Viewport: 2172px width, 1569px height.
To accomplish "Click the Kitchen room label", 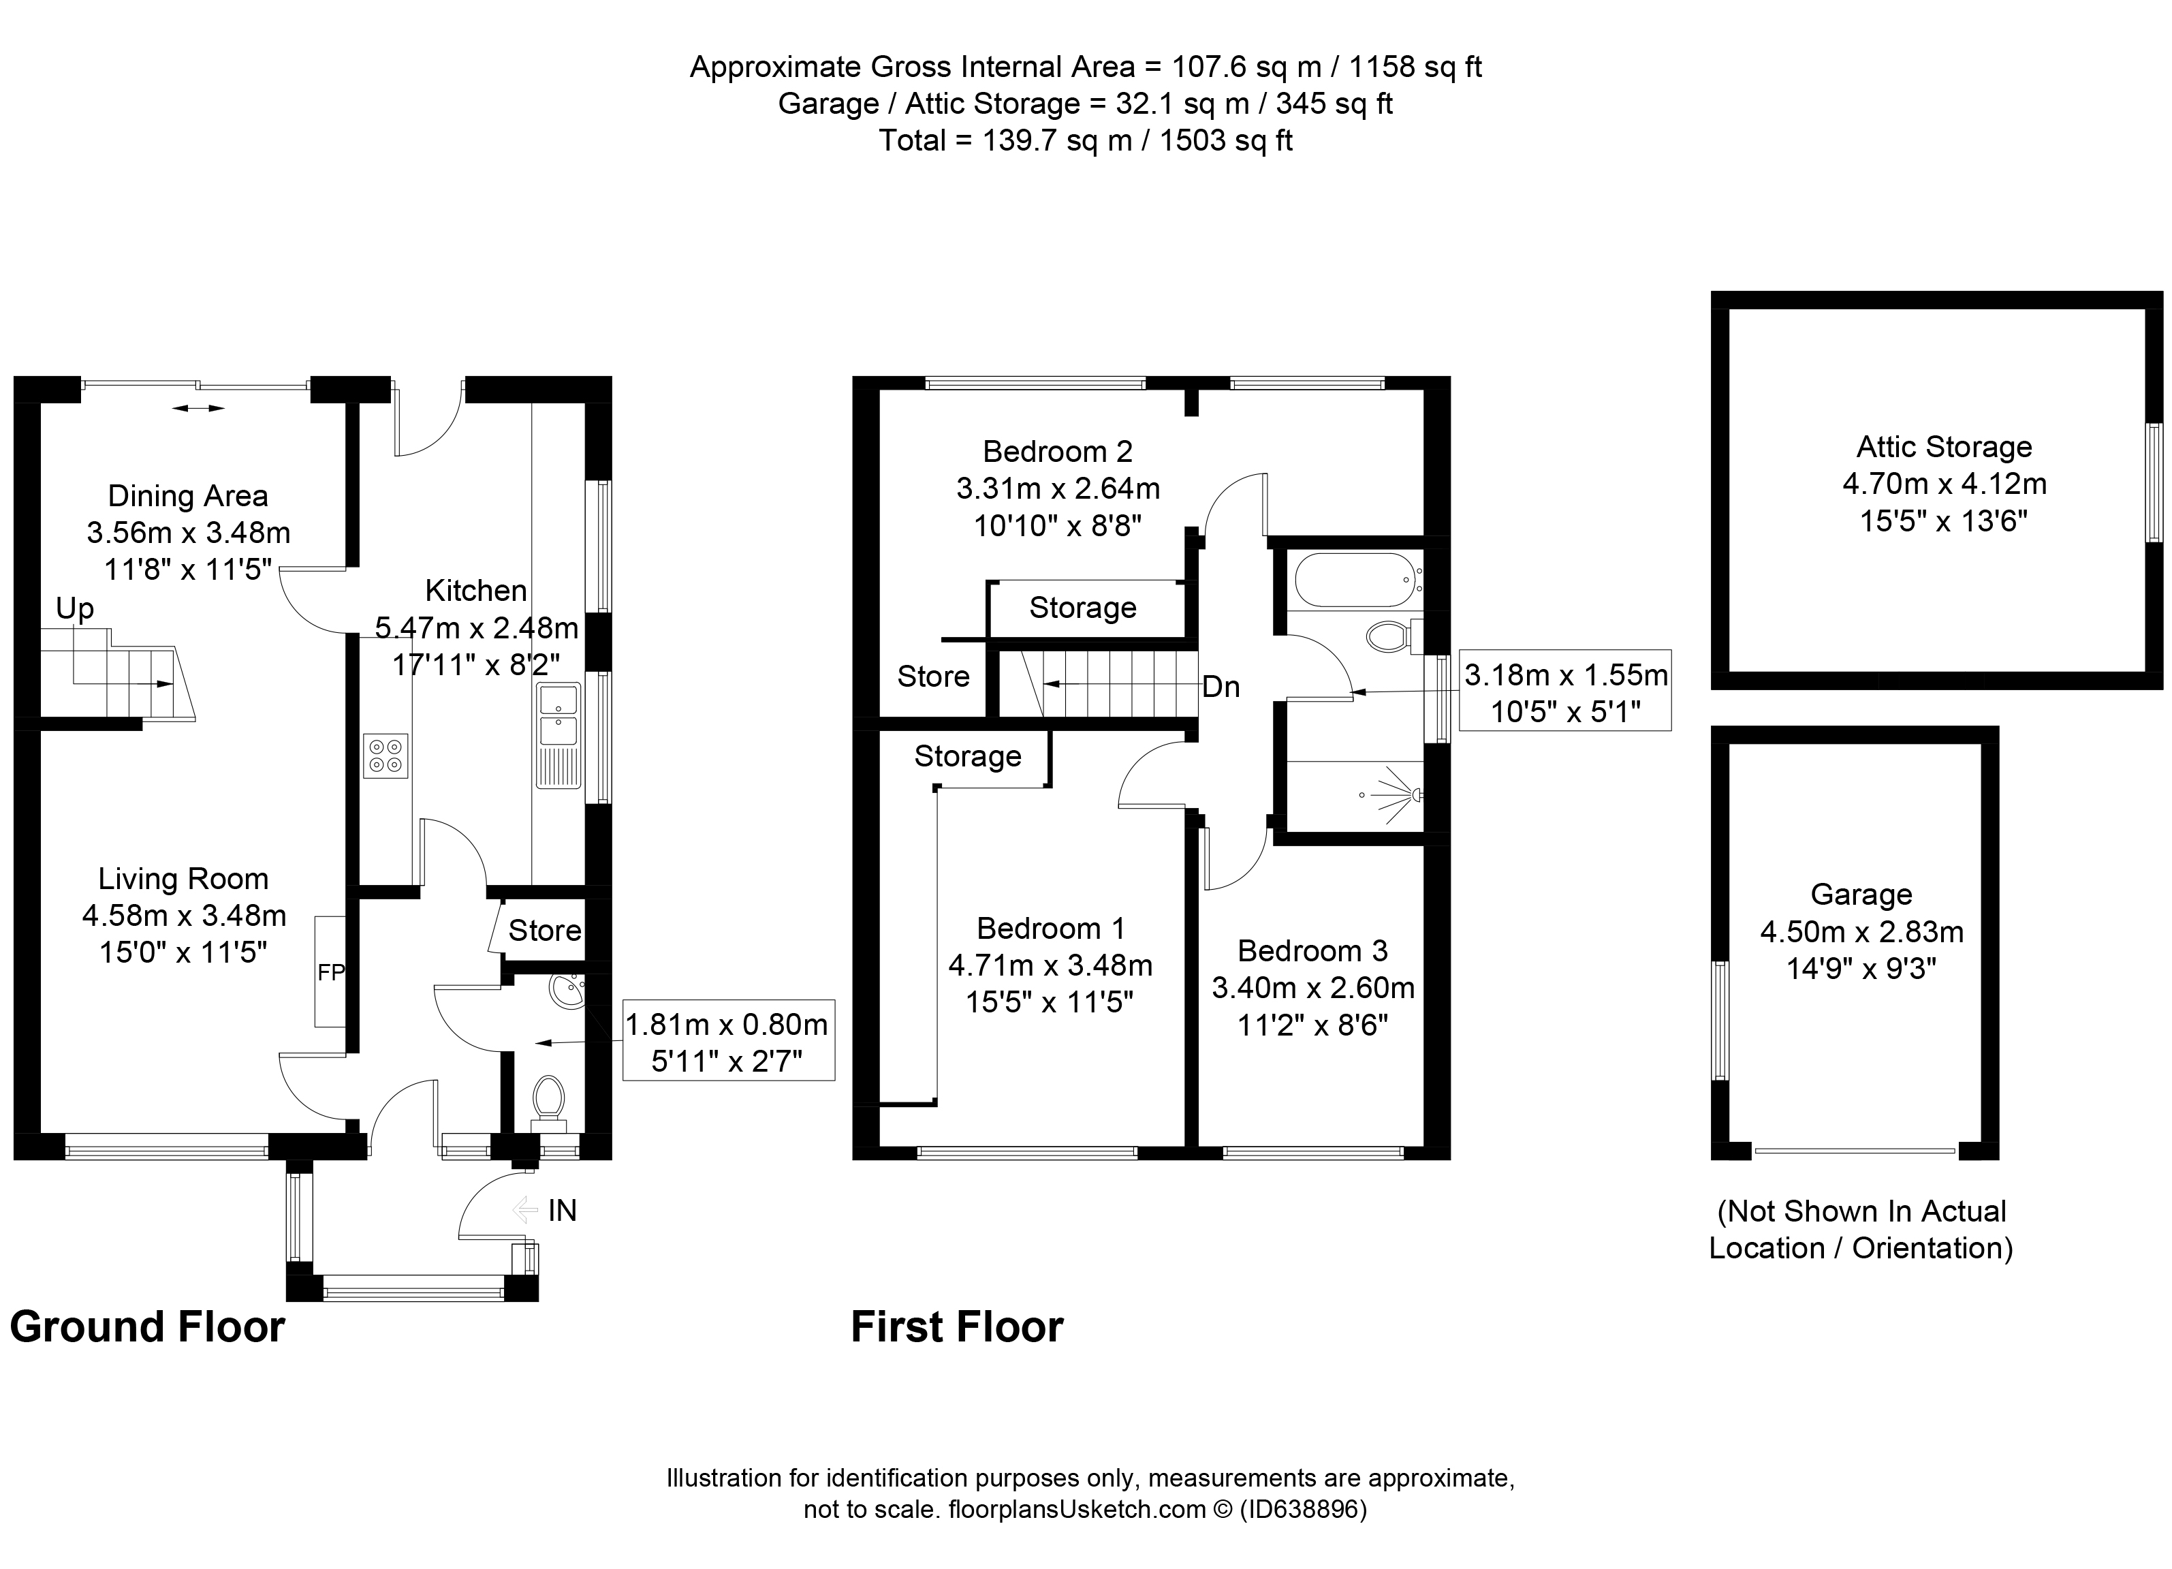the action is (476, 591).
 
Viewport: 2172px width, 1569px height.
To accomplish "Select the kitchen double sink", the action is (558, 715).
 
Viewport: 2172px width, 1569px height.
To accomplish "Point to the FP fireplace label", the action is (330, 972).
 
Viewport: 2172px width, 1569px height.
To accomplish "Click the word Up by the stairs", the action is (75, 608).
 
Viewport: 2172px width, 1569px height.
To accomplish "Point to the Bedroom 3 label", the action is (1312, 950).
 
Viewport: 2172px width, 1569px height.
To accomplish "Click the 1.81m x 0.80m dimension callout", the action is (728, 1040).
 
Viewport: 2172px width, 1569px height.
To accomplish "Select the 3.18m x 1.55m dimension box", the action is (1565, 689).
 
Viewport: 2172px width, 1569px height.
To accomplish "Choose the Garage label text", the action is (1861, 894).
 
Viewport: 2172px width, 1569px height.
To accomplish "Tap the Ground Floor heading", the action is (148, 1326).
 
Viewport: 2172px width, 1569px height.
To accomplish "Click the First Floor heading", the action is (957, 1326).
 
